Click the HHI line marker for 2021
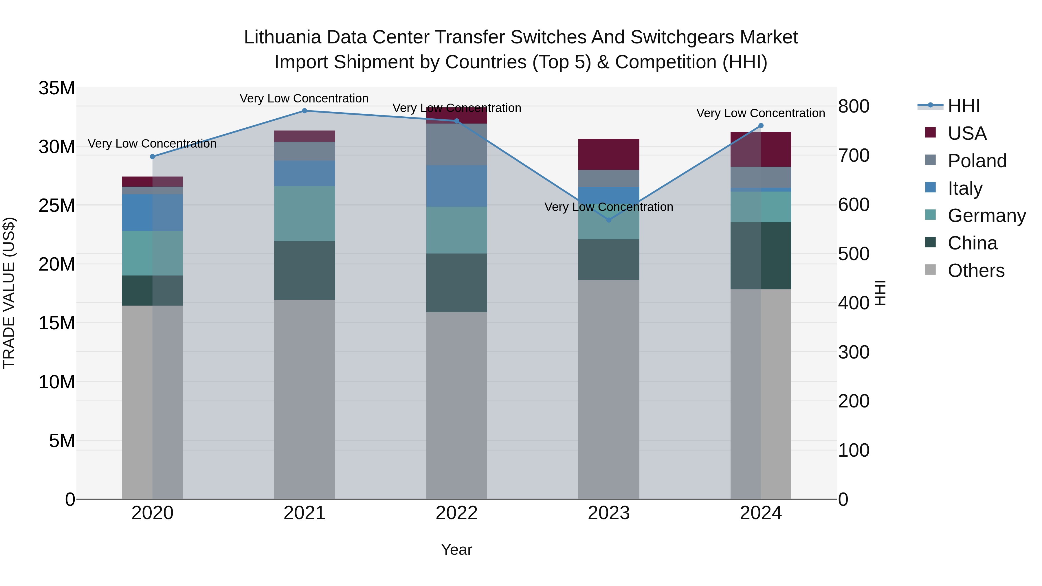pos(304,111)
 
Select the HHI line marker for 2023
pos(609,220)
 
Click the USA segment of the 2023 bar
pos(609,155)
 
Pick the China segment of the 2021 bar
pos(304,270)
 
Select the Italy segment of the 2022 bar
pos(457,186)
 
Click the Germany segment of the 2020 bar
pos(153,253)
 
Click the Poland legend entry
pos(977,161)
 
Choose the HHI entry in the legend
pos(964,106)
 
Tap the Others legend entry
pos(976,271)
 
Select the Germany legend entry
pos(986,216)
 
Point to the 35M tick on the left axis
pos(57,88)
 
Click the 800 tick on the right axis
pos(854,106)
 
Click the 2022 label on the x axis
pos(457,513)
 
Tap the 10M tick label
pos(57,382)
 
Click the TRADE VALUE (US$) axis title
pos(9,293)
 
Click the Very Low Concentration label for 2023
pos(609,207)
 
